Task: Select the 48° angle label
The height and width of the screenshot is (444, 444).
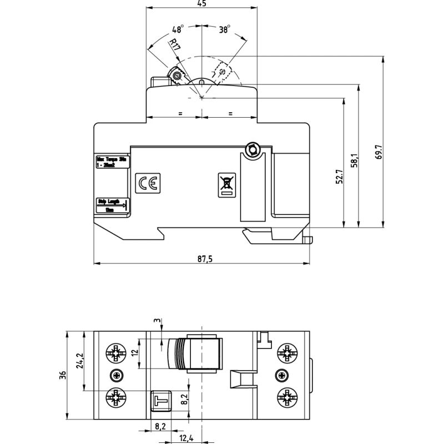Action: click(178, 29)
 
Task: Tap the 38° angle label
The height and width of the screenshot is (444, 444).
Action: click(224, 29)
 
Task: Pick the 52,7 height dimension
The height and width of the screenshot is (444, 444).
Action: click(340, 177)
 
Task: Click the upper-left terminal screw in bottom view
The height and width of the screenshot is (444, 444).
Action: click(115, 352)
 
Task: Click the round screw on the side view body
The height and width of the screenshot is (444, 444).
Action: click(253, 149)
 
